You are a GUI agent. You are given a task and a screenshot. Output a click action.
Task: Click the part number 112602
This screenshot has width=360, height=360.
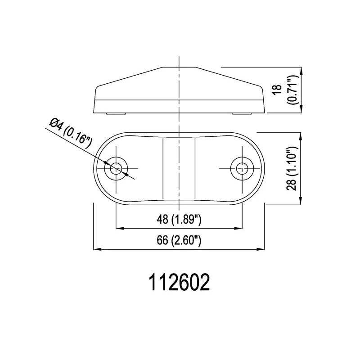coord(180,283)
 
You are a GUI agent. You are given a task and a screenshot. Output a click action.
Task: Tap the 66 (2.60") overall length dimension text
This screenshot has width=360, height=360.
coord(179,241)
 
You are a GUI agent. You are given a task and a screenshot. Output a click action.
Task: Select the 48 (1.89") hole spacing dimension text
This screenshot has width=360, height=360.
coord(179,220)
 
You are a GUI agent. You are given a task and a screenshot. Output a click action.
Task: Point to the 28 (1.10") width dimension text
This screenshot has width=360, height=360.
coord(292,169)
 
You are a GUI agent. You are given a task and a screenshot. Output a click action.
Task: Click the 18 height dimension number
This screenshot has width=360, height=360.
coord(278,89)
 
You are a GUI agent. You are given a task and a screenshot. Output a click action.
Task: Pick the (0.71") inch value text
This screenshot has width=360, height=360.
coord(293,90)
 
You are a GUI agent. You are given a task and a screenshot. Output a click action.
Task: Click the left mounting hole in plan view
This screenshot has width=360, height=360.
coord(116,169)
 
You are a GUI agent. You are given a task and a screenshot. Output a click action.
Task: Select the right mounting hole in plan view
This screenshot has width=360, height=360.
coord(242,169)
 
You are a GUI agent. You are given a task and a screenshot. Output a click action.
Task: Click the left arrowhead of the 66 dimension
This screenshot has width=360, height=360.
coord(97,249)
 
